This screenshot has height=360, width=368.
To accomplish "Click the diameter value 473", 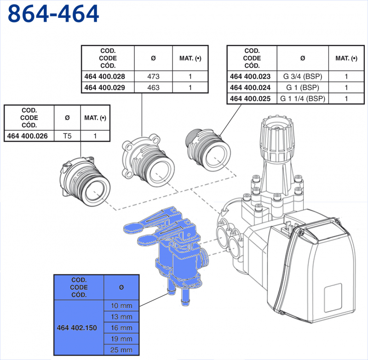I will tap(153, 76).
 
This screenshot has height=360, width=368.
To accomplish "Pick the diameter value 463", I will tap(153, 87).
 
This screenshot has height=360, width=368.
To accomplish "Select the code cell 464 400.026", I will tap(29, 136).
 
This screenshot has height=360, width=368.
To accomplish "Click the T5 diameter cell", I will tap(67, 136).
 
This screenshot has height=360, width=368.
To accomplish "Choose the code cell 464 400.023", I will tap(252, 76).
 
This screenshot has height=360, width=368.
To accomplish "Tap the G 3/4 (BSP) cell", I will tap(302, 76).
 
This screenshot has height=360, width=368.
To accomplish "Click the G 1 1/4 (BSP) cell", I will tap(302, 98).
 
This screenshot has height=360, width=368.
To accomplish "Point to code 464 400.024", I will tap(252, 87).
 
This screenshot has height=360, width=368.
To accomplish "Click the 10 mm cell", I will tap(121, 306).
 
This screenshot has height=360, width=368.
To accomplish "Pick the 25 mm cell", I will tap(121, 350).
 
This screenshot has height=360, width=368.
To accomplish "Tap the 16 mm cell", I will tap(121, 328).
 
